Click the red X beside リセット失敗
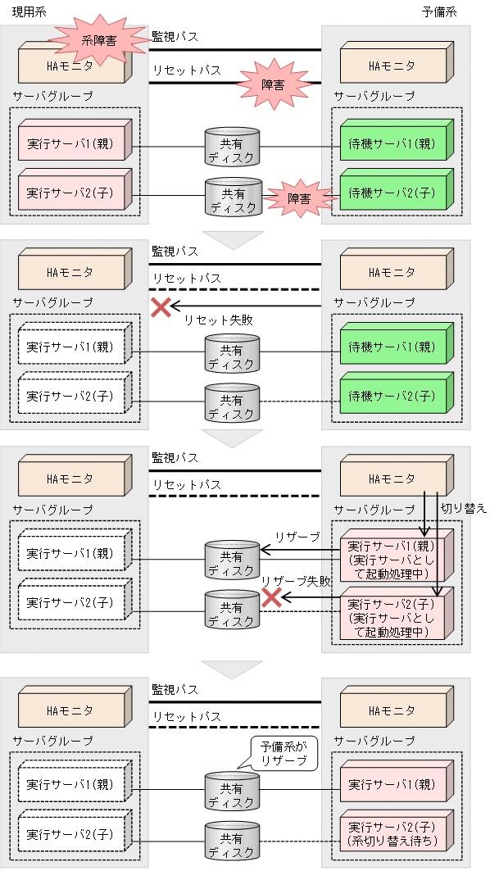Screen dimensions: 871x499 pyautogui.click(x=161, y=307)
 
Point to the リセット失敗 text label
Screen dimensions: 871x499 pyautogui.click(x=218, y=320)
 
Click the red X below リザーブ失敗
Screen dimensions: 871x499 pyautogui.click(x=270, y=598)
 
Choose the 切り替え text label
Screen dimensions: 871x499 pyautogui.click(x=464, y=508)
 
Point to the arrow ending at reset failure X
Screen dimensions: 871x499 pyautogui.click(x=246, y=307)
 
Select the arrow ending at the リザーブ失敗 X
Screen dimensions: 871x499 pyautogui.click(x=311, y=600)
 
